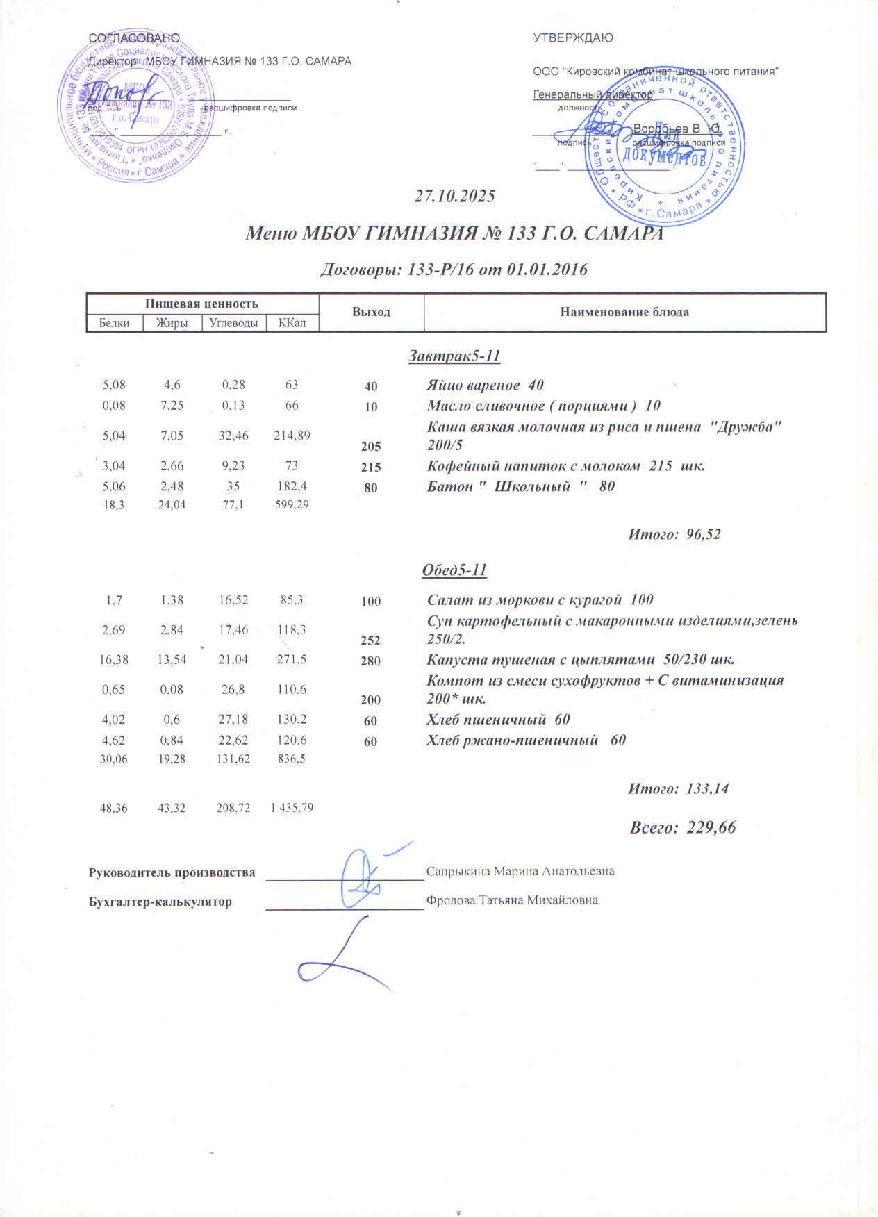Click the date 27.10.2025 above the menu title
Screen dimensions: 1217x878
454,197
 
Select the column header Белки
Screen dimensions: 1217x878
114,323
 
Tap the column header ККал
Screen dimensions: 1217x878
292,323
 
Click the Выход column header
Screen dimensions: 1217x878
371,312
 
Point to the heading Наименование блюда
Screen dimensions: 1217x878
624,312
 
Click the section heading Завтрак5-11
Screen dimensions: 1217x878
454,356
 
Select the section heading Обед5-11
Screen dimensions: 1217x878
454,571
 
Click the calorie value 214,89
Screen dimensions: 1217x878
292,436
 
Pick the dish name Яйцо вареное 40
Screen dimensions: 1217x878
485,386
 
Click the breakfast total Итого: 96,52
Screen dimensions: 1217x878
674,534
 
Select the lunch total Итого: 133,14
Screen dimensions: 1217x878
678,788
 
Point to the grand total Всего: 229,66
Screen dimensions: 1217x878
682,827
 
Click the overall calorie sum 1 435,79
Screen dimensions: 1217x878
292,808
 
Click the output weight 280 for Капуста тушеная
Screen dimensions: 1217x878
371,661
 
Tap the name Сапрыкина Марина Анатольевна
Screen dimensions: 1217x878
520,871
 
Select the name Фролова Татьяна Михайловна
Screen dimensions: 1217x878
512,900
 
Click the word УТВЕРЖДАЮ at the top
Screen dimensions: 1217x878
573,38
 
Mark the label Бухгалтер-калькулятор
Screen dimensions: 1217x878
160,902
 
